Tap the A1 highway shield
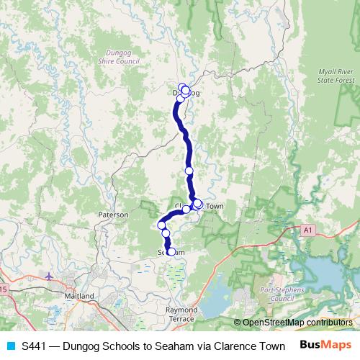click(x=308, y=230)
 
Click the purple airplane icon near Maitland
click(x=48, y=276)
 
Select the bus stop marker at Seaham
click(x=171, y=252)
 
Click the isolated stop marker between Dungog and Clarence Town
click(x=189, y=171)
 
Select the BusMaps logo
click(x=326, y=345)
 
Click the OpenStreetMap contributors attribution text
click(x=296, y=323)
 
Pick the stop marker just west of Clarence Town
click(x=186, y=210)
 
